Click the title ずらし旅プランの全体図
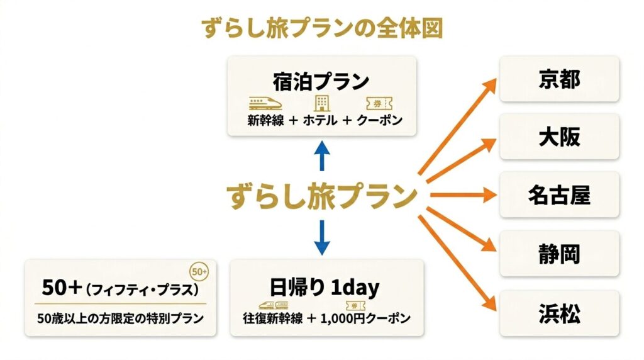(x=321, y=28)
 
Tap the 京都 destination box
(x=559, y=79)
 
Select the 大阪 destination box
(x=559, y=137)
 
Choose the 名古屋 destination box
(x=559, y=195)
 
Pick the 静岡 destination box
(x=559, y=253)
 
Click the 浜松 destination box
(x=559, y=312)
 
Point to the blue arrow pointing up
(x=321, y=156)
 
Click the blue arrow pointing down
(x=321, y=236)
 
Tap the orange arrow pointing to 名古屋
(x=462, y=195)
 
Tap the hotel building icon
(x=321, y=103)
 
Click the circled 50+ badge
(x=199, y=272)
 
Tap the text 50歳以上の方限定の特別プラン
(x=119, y=318)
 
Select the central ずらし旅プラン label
(x=323, y=196)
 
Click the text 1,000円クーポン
(x=367, y=318)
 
